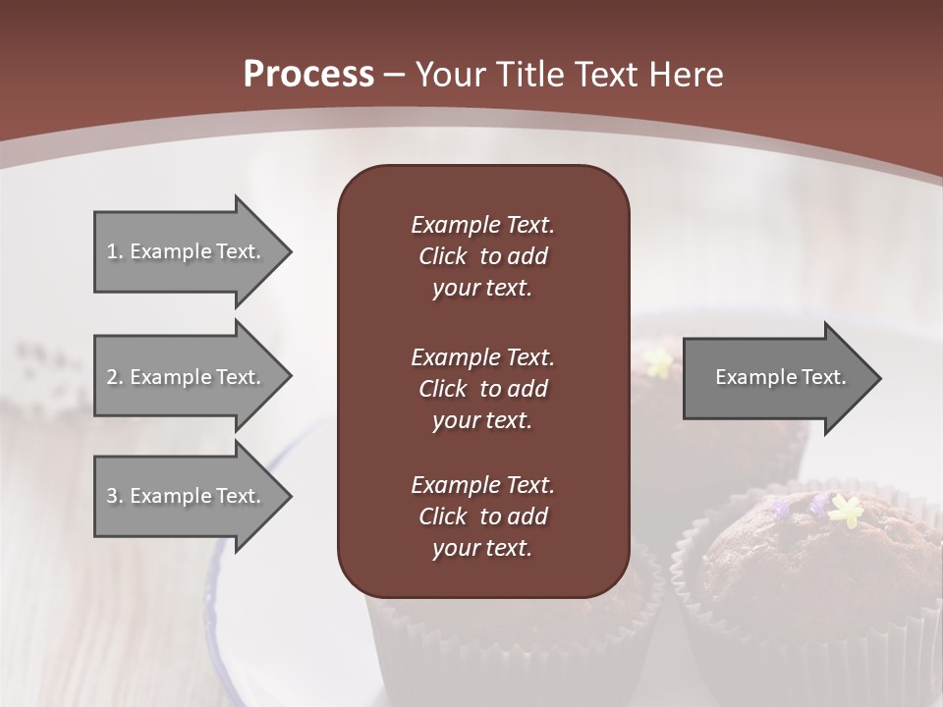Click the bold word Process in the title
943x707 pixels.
(x=308, y=75)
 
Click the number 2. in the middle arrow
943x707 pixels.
(x=115, y=377)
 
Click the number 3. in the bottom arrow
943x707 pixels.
(x=115, y=496)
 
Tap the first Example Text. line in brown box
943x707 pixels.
(x=482, y=225)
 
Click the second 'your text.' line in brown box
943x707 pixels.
(x=482, y=420)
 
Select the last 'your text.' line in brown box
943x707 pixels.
(x=482, y=549)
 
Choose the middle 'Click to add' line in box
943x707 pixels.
(x=482, y=389)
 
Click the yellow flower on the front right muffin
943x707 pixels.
(x=846, y=509)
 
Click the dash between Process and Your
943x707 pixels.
(x=395, y=75)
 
